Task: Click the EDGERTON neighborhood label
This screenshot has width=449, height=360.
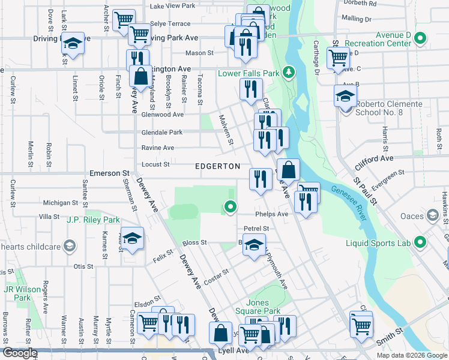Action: [217, 166]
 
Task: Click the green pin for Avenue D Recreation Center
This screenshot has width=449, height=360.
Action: [420, 40]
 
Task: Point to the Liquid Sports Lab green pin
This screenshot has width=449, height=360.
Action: [420, 242]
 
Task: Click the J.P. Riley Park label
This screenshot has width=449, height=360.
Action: [94, 220]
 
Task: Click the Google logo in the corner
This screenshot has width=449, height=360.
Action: [20, 353]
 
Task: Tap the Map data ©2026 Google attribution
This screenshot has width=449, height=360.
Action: [411, 355]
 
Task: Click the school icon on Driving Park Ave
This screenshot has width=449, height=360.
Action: [73, 44]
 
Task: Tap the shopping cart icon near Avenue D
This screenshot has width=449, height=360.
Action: [339, 58]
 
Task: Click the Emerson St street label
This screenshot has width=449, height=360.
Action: [110, 173]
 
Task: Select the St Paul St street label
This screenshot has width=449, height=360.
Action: [364, 192]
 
